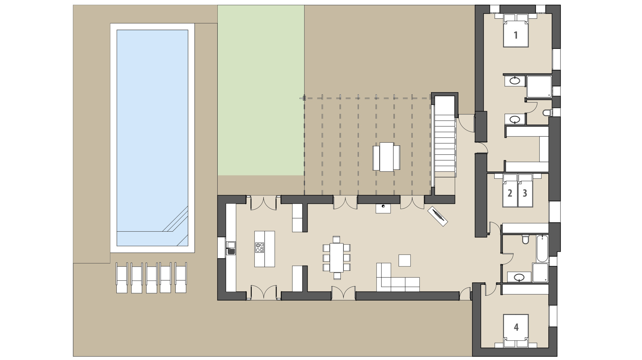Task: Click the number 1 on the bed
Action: click(516, 35)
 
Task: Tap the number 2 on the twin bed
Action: click(510, 193)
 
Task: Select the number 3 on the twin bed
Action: click(525, 193)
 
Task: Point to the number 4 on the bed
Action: click(516, 327)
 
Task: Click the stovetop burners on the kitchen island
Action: click(259, 248)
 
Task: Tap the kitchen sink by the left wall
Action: click(231, 248)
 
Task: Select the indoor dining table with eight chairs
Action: click(336, 257)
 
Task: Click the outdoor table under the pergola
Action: click(387, 157)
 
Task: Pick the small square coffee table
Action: click(405, 260)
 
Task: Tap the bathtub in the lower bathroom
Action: click(542, 248)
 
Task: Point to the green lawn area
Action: click(261, 90)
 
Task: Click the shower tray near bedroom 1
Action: click(539, 87)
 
